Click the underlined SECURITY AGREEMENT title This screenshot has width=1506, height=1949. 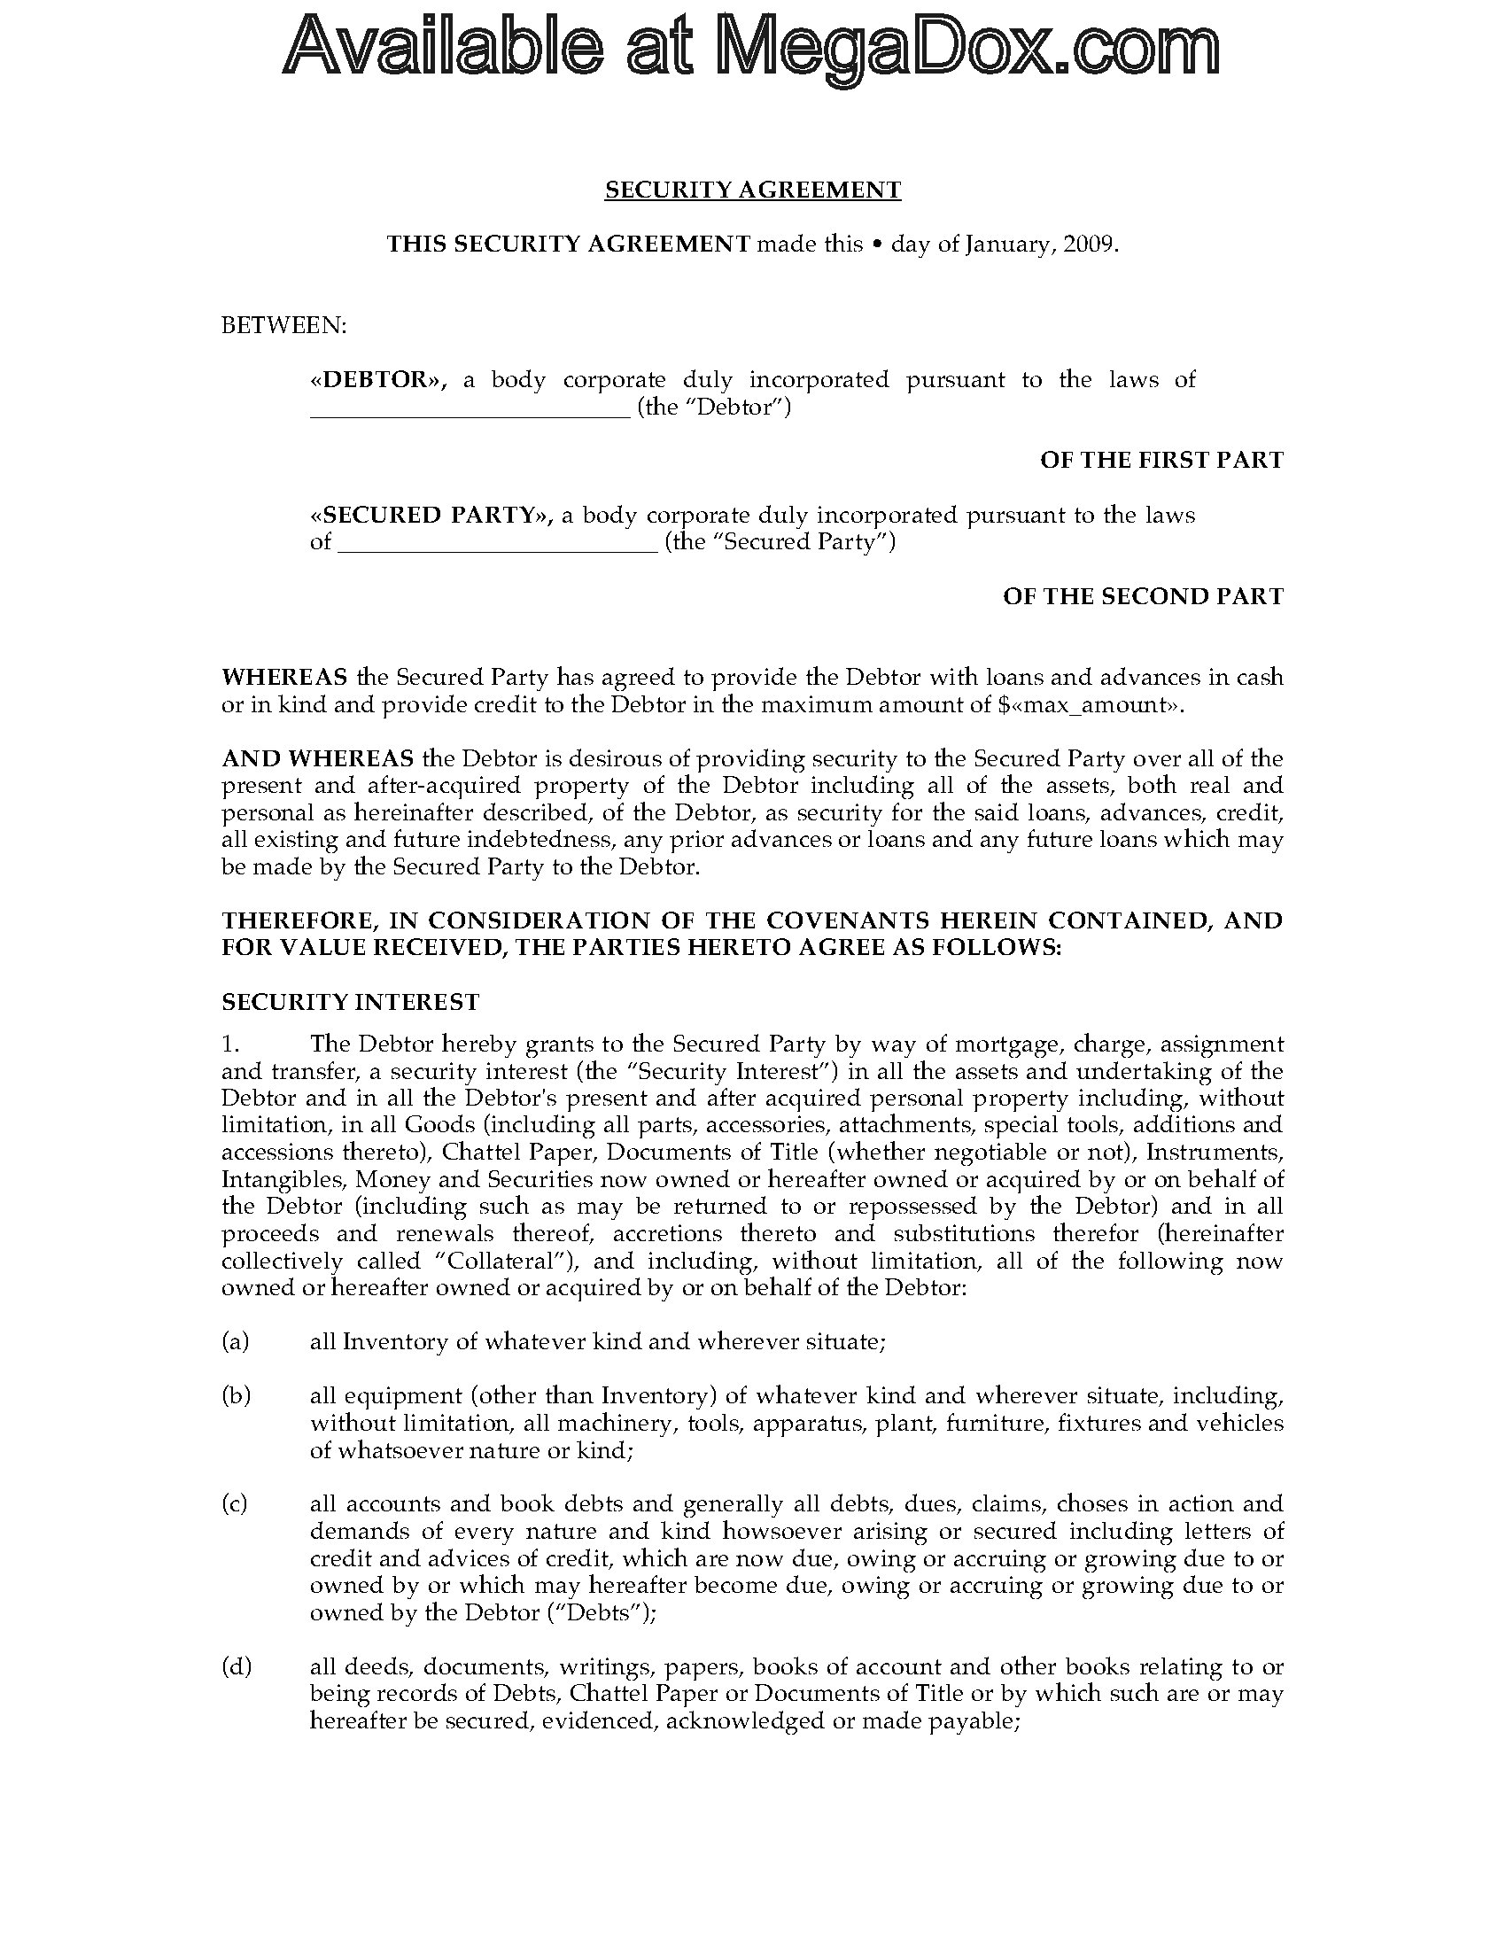point(752,190)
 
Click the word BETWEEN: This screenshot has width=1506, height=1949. point(283,326)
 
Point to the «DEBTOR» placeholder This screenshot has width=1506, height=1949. point(378,380)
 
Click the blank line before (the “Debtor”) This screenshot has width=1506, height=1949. point(470,410)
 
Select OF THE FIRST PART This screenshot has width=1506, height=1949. point(1161,461)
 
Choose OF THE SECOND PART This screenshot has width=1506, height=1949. point(1143,596)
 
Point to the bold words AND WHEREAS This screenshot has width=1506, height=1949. point(317,758)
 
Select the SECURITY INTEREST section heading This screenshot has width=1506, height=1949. point(350,1002)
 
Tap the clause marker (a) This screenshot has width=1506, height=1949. point(236,1341)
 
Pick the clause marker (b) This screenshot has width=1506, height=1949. point(237,1395)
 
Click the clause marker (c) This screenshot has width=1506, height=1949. point(236,1503)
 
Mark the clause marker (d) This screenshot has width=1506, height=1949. point(237,1666)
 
